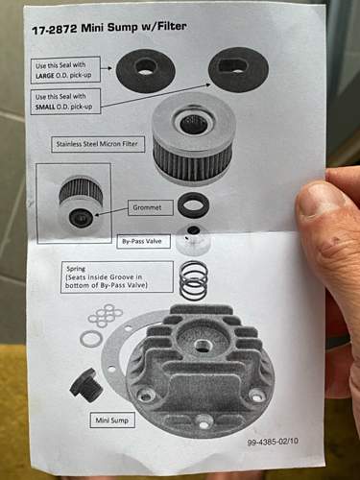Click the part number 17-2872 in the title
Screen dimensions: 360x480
pos(54,29)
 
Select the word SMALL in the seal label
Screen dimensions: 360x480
pos(45,107)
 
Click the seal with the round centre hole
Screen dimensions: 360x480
pos(145,68)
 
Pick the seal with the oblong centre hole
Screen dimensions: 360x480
pos(238,68)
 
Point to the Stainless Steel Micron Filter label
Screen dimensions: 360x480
pos(97,144)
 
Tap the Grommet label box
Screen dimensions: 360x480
pos(151,207)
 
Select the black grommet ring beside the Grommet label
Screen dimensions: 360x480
pos(194,204)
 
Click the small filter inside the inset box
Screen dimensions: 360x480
pos(81,203)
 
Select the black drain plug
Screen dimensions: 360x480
pos(85,386)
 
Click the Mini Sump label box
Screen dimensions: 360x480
pos(112,420)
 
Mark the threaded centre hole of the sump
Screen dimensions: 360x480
pos(202,346)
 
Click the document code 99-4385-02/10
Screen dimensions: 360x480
pos(273,442)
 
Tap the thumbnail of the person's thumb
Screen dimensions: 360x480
pos(320,199)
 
